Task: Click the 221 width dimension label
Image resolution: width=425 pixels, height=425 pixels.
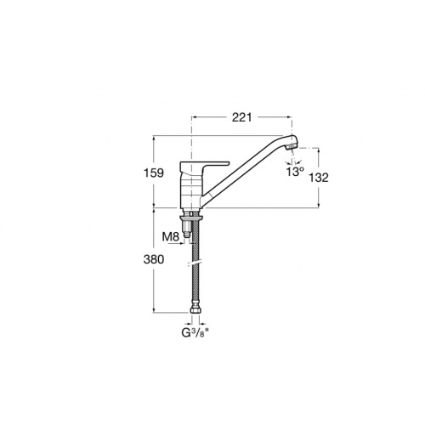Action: (241, 117)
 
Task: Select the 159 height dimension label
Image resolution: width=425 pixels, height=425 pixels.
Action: (154, 173)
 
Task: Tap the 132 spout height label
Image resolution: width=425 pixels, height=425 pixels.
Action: (319, 178)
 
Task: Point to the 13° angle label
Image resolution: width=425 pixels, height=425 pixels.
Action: (295, 172)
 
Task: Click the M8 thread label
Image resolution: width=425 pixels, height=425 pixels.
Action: (171, 236)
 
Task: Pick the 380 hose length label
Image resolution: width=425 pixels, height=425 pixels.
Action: (154, 259)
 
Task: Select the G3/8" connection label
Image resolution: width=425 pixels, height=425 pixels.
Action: (195, 333)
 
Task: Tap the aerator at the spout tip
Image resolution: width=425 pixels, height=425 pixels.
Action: (292, 147)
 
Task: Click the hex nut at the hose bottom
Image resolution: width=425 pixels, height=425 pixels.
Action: (195, 311)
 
